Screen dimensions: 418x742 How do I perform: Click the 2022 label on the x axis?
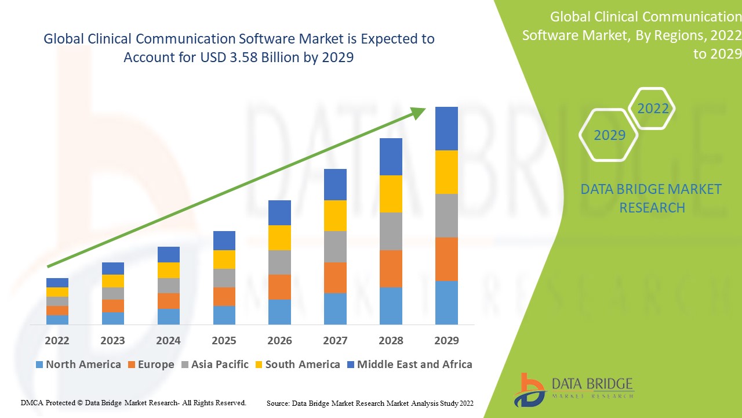(x=57, y=340)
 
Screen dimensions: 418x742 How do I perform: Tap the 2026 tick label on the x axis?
(x=279, y=340)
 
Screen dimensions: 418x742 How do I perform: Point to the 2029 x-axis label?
(x=446, y=340)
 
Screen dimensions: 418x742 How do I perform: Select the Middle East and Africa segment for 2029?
(x=446, y=128)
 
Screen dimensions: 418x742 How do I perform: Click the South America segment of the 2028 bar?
(x=391, y=194)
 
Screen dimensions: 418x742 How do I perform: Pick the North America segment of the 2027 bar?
(x=335, y=308)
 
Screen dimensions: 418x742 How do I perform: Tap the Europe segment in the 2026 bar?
(x=279, y=287)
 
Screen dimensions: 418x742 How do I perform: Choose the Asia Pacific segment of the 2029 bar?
(x=446, y=215)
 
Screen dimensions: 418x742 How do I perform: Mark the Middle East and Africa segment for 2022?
(x=57, y=283)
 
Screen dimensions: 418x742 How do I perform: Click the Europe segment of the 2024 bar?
(x=168, y=301)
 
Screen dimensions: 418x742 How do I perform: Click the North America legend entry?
(x=78, y=365)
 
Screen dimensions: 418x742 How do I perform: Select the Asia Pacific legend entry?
(x=215, y=365)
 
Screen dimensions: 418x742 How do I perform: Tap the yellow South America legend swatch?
(x=259, y=365)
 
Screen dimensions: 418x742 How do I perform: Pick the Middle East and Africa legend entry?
(x=409, y=365)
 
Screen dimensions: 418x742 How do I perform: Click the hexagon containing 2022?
(x=652, y=109)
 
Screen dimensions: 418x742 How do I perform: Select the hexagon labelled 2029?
(x=609, y=135)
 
